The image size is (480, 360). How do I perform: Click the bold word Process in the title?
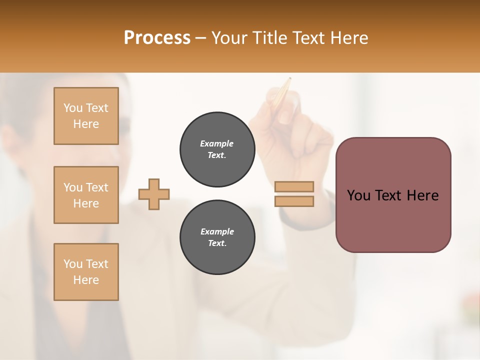point(157,38)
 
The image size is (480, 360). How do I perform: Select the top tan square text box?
point(86,116)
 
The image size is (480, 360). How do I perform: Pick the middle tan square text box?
point(86,195)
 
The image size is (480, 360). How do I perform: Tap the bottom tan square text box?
point(86,272)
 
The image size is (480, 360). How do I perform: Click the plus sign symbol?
point(154,194)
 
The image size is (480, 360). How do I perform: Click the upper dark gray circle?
point(217,149)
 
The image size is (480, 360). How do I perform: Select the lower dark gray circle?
point(217,237)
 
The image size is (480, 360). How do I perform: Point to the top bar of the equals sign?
point(294,186)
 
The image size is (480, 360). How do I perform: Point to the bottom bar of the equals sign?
point(294,201)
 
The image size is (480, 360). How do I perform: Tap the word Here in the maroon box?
point(422,195)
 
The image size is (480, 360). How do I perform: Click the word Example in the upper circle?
point(217,143)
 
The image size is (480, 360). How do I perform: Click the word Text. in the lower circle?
point(217,243)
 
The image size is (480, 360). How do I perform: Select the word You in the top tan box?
point(73,108)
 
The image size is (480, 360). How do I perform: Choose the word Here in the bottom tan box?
point(86,280)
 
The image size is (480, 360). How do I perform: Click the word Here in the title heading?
point(349,38)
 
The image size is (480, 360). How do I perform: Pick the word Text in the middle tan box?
point(96,187)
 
